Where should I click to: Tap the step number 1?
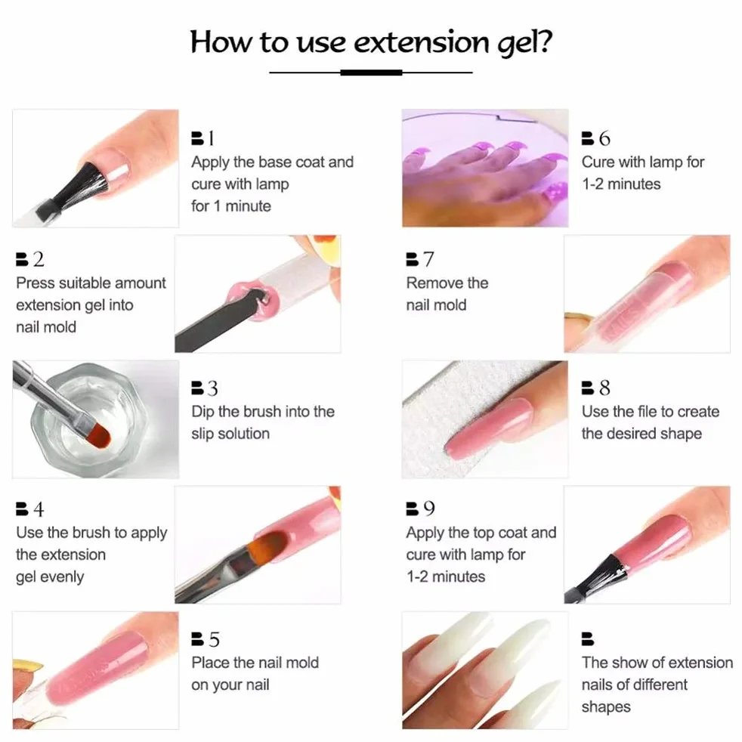211,138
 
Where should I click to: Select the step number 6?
604,138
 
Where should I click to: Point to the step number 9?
428,509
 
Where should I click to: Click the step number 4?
39,509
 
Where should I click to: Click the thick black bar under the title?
371,73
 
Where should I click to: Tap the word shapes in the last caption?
606,707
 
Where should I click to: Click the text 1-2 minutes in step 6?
621,184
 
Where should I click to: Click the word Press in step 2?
33,283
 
